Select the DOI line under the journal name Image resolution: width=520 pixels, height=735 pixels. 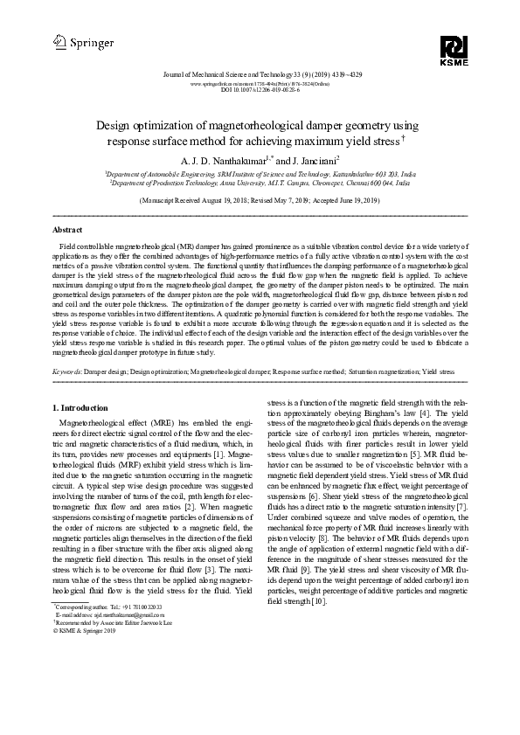[x=260, y=89]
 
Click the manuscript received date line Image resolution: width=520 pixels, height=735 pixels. [x=260, y=200]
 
